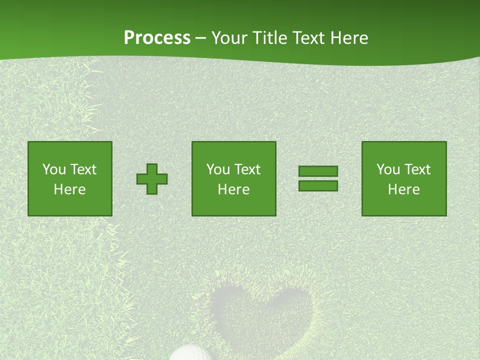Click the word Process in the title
(x=157, y=38)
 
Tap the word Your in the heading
(x=230, y=38)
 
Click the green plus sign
(x=152, y=179)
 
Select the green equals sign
(x=318, y=178)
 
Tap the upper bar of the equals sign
(x=318, y=171)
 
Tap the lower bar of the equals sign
(x=318, y=185)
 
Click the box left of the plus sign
(x=70, y=179)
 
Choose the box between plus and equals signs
(x=234, y=179)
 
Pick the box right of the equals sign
(x=404, y=179)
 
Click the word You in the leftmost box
(x=54, y=169)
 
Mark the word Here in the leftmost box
(x=70, y=189)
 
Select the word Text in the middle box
(x=247, y=169)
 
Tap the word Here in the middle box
(x=234, y=189)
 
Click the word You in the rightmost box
(x=388, y=169)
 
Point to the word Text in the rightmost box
(x=417, y=169)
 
